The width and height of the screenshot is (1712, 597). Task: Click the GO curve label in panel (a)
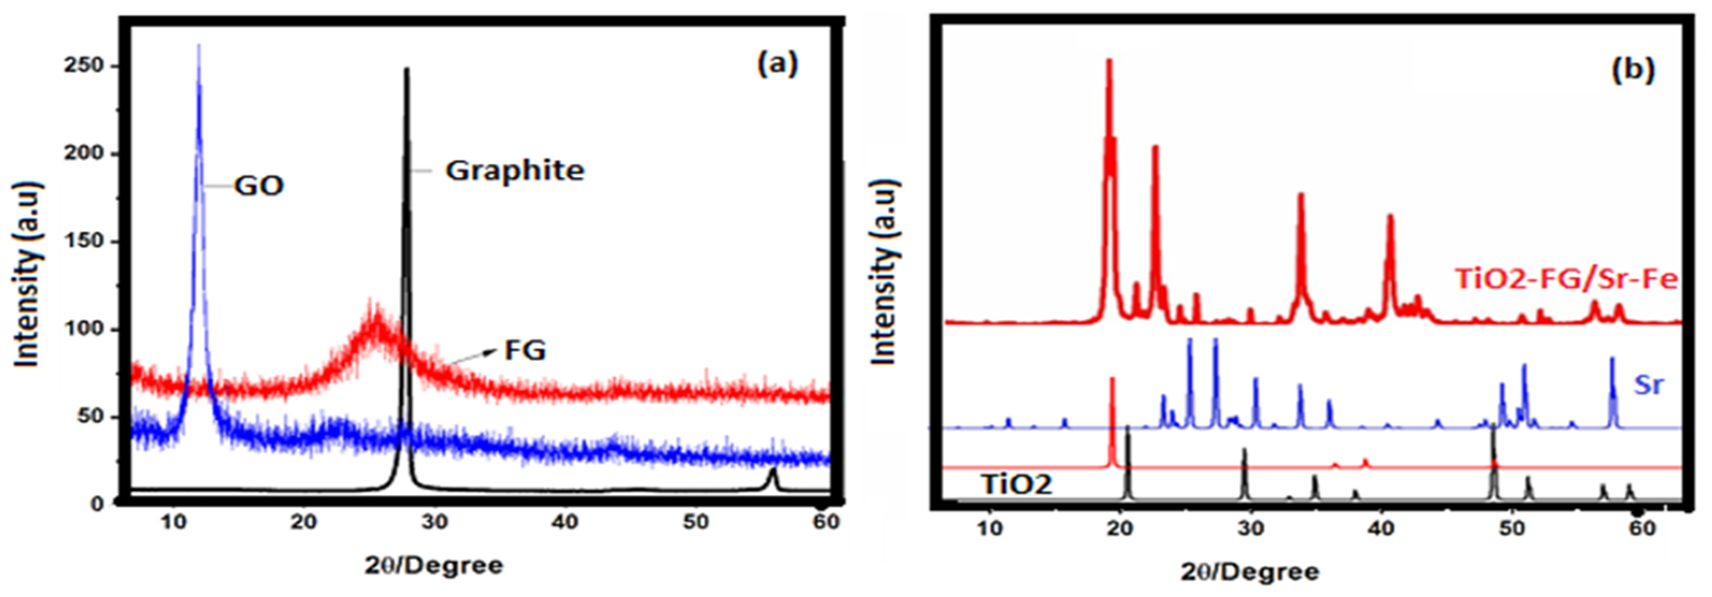259,186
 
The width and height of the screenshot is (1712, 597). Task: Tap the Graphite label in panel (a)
514,171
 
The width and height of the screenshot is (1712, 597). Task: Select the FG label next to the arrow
525,350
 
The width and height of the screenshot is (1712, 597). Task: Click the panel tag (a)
778,64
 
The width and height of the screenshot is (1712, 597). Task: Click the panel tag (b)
1633,69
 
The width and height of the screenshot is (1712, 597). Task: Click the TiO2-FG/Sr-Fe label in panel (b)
1566,279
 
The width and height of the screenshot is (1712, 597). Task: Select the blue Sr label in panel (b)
1648,384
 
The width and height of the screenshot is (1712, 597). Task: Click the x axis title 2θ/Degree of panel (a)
434,566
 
